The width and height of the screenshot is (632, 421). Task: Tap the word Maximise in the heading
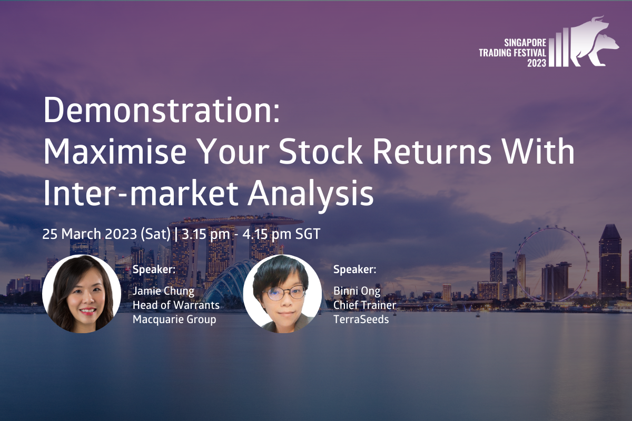click(115, 151)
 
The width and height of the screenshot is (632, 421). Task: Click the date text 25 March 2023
click(90, 234)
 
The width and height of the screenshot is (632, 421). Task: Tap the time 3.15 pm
click(206, 234)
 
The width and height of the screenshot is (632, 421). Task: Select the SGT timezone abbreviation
click(308, 234)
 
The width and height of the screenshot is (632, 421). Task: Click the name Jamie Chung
click(163, 292)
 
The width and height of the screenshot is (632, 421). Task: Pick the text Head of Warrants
click(176, 305)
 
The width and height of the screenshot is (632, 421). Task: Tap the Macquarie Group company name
click(174, 320)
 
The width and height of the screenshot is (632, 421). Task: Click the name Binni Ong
click(357, 292)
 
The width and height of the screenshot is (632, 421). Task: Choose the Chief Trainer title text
click(365, 305)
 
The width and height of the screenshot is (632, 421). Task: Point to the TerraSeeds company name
click(361, 319)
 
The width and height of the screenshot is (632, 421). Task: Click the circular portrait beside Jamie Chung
click(82, 294)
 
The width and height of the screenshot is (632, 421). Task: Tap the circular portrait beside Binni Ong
click(282, 294)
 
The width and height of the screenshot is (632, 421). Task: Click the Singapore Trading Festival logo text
click(512, 53)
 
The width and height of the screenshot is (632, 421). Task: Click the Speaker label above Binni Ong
click(354, 269)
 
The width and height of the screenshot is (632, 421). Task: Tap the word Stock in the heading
click(321, 151)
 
